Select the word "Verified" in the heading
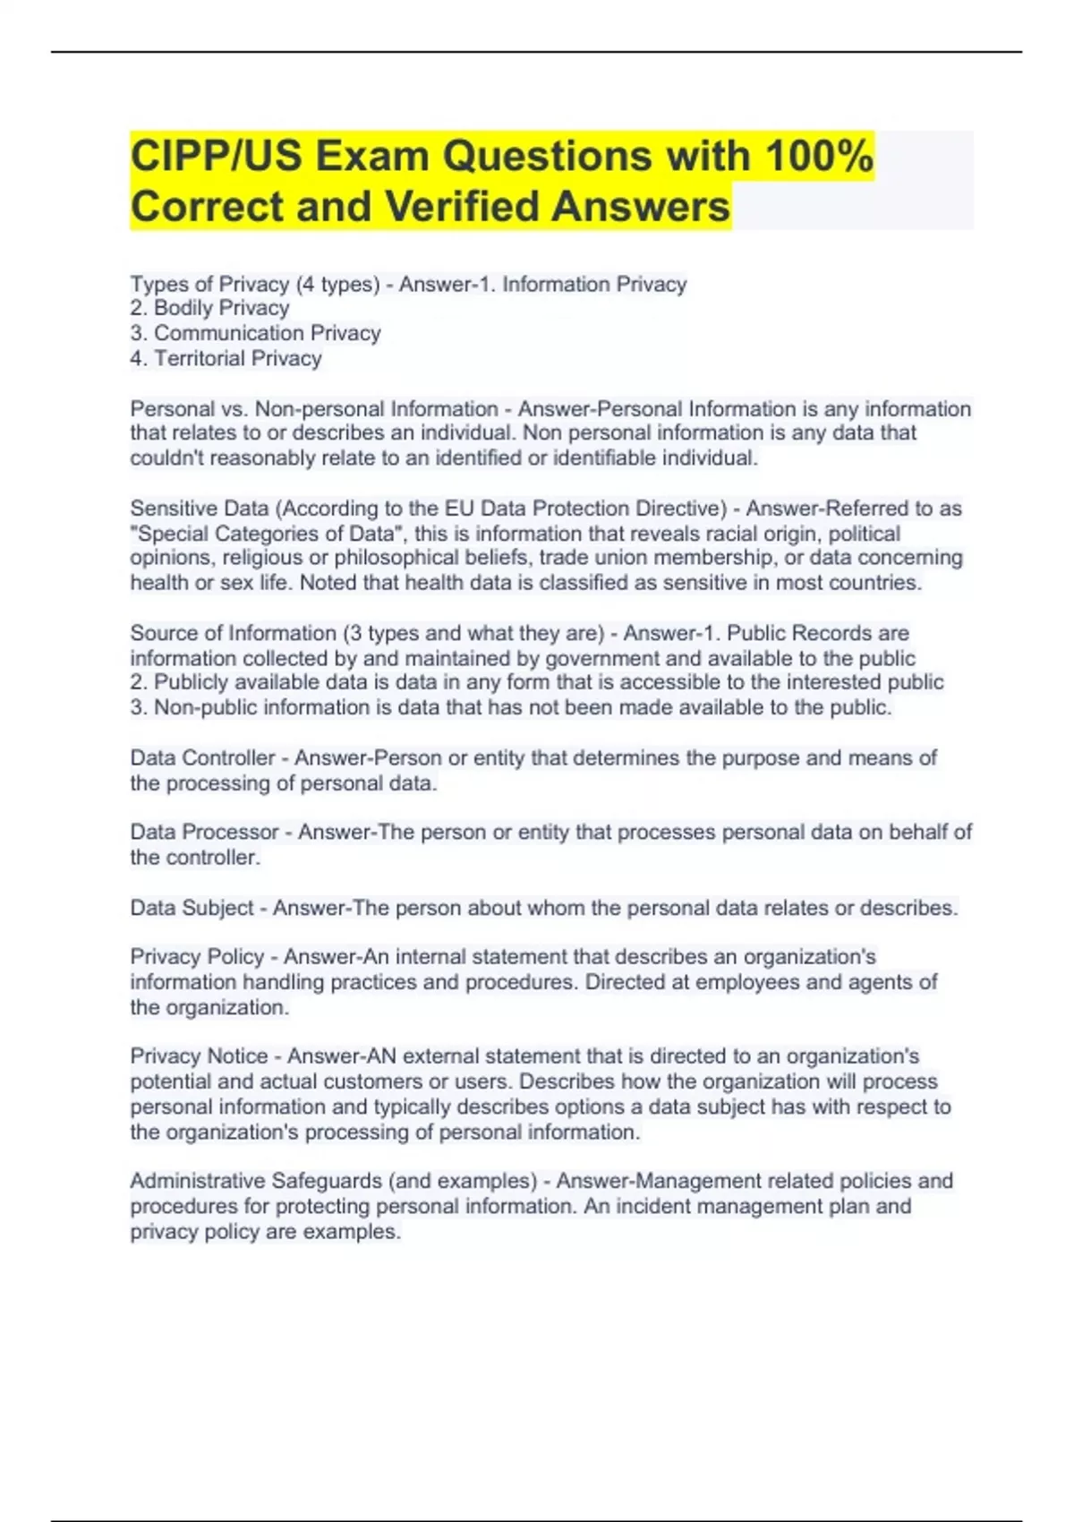[463, 207]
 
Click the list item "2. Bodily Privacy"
[209, 308]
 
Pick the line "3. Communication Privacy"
[255, 333]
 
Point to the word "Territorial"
[199, 358]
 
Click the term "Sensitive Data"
[199, 509]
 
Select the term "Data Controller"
[202, 758]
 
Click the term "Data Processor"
[204, 833]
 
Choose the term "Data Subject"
[192, 908]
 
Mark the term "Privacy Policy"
[197, 957]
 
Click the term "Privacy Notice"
[199, 1056]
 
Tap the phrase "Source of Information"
[233, 633]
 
